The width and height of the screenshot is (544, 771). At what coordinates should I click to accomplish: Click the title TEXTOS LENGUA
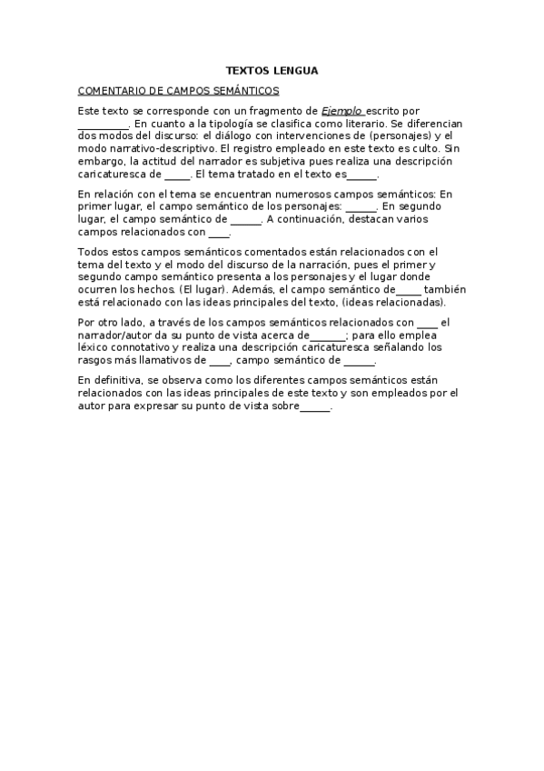[272, 70]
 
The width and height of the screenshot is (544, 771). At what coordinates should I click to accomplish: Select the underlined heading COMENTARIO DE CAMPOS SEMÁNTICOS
[179, 91]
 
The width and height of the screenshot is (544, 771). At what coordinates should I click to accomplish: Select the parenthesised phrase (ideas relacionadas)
[394, 302]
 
